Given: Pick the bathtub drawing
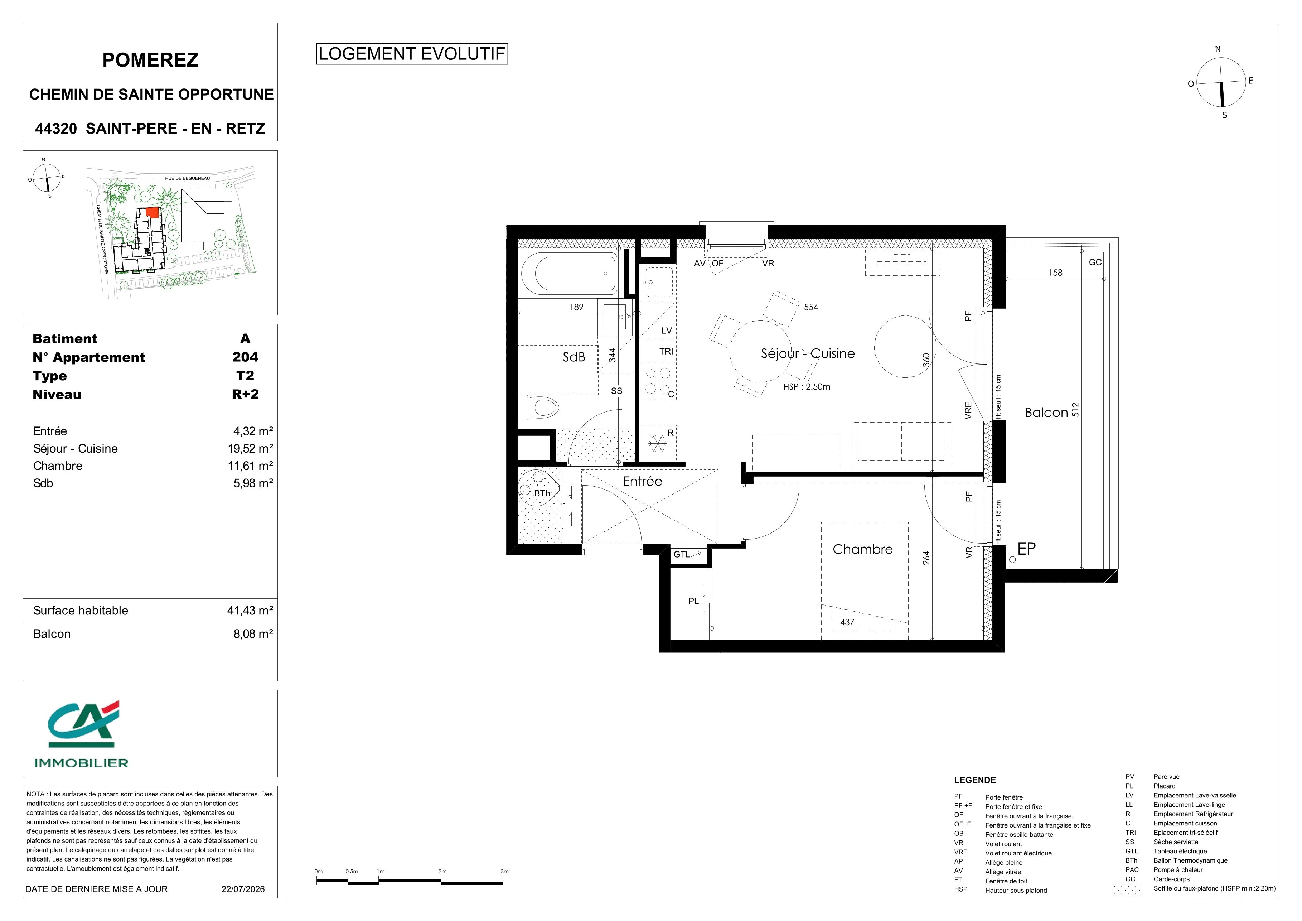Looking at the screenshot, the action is click(x=569, y=273).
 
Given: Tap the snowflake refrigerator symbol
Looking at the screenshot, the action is click(x=657, y=443).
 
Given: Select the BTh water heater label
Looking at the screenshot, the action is click(x=542, y=493).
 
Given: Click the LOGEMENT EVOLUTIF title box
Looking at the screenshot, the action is click(x=412, y=54).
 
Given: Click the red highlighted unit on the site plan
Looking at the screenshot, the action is click(x=152, y=212).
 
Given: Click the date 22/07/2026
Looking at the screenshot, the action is click(x=243, y=889).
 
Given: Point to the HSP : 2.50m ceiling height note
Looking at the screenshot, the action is click(x=807, y=387).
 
